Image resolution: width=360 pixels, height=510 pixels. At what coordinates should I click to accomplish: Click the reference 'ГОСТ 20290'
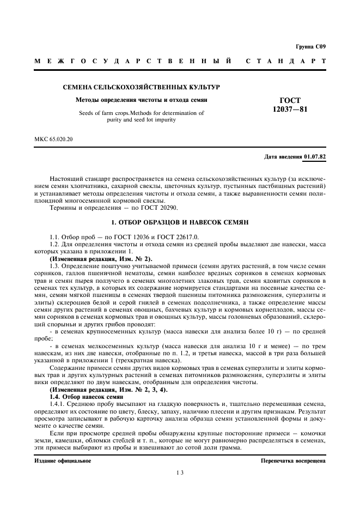(x=160, y=208)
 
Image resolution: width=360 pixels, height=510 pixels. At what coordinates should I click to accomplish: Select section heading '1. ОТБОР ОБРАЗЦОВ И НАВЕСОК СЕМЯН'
(x=180, y=223)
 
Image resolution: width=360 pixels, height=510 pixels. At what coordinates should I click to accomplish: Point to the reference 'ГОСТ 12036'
(x=118, y=236)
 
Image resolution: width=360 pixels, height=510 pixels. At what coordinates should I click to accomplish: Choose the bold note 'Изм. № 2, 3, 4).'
(x=109, y=391)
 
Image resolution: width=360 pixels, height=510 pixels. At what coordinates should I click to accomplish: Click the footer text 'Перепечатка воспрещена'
(x=294, y=460)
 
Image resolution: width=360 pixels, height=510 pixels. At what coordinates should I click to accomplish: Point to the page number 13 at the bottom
(x=179, y=473)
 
